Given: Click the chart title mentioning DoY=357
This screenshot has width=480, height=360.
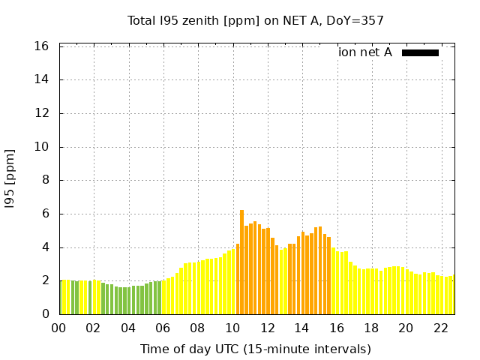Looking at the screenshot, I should pos(255,20).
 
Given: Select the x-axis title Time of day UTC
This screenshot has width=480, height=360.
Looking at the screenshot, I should pos(255,349).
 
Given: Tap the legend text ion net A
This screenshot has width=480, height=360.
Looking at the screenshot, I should pos(365,52).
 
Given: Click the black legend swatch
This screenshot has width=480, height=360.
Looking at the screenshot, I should pos(420,52).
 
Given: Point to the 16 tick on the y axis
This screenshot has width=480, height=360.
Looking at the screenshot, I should pos(42,46).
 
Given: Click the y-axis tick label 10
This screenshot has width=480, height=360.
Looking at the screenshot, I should pos(42,147).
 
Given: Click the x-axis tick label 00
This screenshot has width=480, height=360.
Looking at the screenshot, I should pos(59,328).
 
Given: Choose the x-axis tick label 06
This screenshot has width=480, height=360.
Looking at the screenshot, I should pos(163,328).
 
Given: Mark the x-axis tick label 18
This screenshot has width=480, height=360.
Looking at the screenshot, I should pos(370,328).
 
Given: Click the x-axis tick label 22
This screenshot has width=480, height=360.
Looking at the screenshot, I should pos(440,328).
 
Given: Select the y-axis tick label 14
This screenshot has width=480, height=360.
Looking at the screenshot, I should pos(42,79).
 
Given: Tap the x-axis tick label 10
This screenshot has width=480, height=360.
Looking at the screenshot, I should pos(232,328).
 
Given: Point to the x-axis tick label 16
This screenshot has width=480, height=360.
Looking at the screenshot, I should pos(336,328).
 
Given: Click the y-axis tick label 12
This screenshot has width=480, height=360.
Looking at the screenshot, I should pos(42,113).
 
